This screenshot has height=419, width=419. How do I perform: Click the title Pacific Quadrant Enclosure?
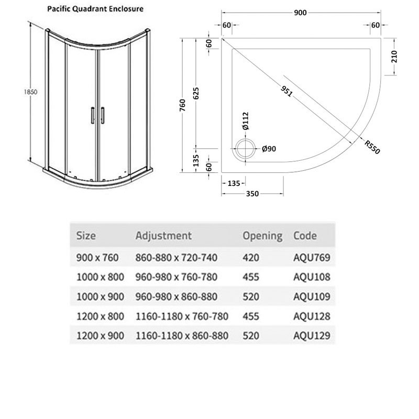(96, 9)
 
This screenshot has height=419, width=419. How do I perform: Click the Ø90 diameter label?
(268, 149)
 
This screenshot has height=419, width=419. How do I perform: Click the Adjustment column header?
(163, 236)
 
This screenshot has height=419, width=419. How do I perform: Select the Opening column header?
(262, 236)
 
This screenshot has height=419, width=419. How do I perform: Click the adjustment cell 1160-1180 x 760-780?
(182, 316)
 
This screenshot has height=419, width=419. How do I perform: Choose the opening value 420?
(251, 257)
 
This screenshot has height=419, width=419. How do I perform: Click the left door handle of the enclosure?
(92, 115)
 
